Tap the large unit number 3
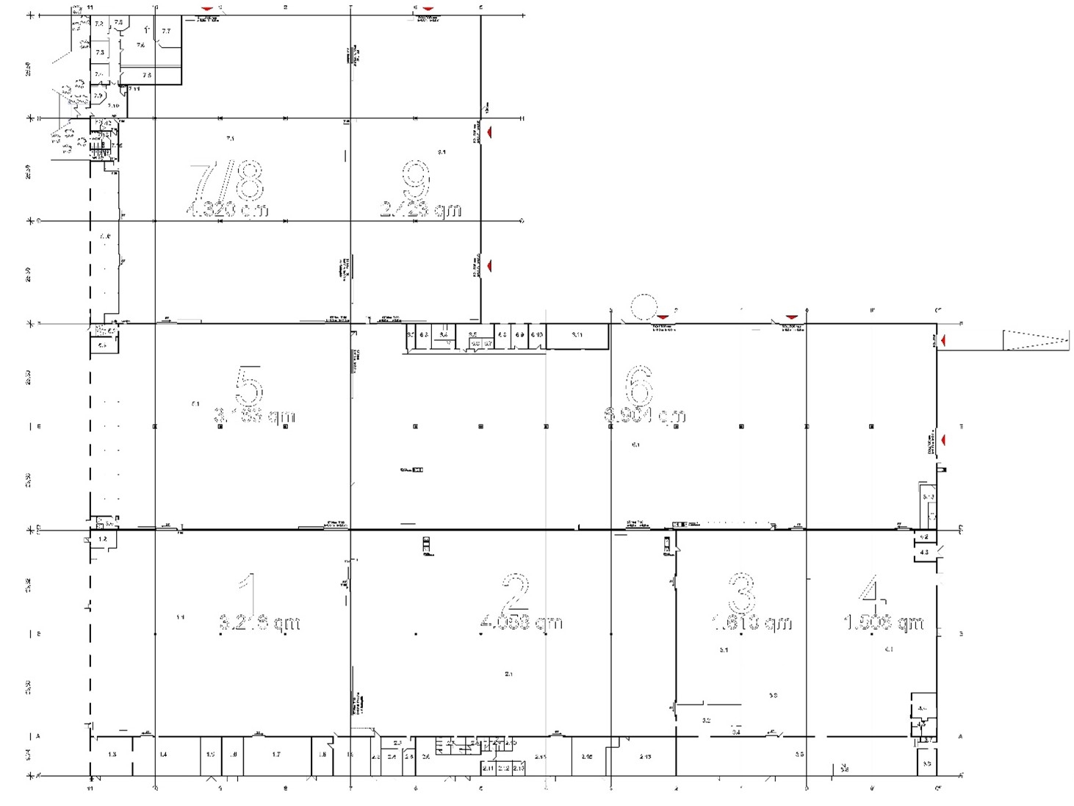click(x=741, y=594)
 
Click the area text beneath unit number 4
click(x=883, y=623)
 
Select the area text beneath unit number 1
click(x=259, y=623)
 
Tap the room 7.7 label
click(x=166, y=31)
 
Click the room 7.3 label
click(x=99, y=52)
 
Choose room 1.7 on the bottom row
click(x=276, y=755)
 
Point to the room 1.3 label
click(x=112, y=755)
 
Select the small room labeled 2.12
click(x=503, y=768)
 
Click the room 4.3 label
click(x=924, y=552)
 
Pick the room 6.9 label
click(x=519, y=335)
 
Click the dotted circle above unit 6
click(x=644, y=308)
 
